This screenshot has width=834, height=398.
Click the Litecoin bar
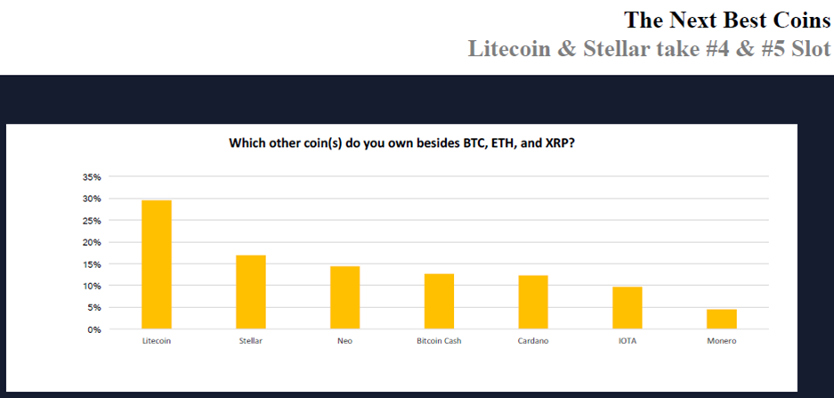click(157, 264)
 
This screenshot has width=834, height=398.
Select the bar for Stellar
click(250, 292)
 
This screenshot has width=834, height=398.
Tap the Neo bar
click(344, 297)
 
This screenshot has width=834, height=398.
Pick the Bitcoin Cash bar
click(439, 301)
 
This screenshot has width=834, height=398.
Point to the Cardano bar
click(533, 302)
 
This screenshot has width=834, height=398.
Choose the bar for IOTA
click(628, 308)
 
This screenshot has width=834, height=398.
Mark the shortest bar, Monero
click(721, 320)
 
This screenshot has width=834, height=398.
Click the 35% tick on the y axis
click(92, 176)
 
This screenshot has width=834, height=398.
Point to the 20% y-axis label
click(92, 242)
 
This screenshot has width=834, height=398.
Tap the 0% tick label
click(94, 329)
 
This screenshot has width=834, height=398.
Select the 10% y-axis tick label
click(92, 286)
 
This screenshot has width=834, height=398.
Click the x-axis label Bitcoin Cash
click(439, 341)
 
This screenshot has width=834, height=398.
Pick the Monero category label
click(722, 341)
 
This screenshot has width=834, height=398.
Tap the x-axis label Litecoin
click(157, 341)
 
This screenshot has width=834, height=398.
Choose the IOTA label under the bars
click(628, 341)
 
